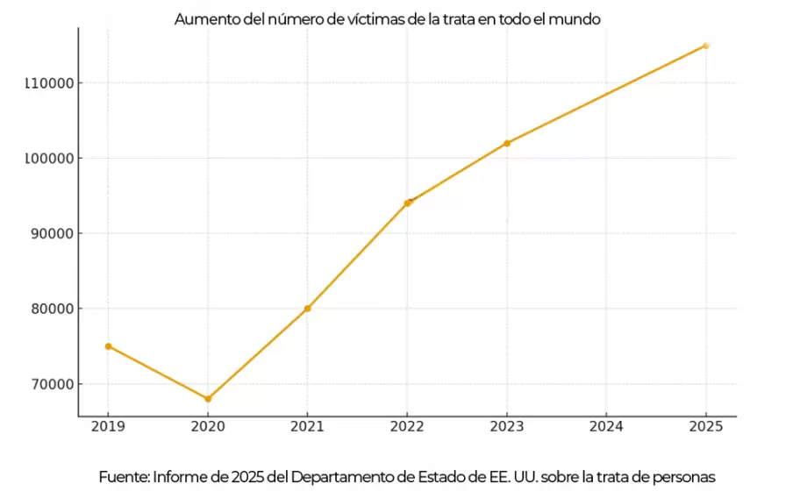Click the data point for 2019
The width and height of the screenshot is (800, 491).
(108, 346)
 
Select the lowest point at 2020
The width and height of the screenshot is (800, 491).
(208, 399)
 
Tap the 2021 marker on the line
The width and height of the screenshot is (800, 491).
(307, 309)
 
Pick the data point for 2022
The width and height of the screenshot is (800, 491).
(407, 203)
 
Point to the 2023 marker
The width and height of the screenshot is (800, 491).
(507, 143)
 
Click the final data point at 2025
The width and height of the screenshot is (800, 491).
(706, 46)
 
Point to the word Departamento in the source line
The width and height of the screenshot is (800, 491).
(339, 476)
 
